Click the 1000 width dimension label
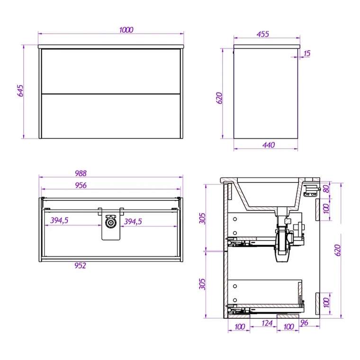coord(126,30)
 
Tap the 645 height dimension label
coord(20,90)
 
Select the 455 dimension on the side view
coord(262,34)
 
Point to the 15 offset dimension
coord(307,54)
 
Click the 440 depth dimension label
coord(269,145)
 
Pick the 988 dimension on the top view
coord(81,173)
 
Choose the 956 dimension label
coord(81,185)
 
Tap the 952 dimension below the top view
coord(80,265)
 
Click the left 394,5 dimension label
coord(59,220)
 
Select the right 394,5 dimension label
coord(133,221)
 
